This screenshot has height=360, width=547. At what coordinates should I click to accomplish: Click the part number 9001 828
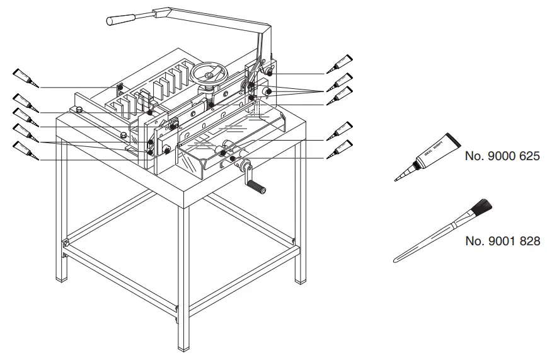502,241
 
